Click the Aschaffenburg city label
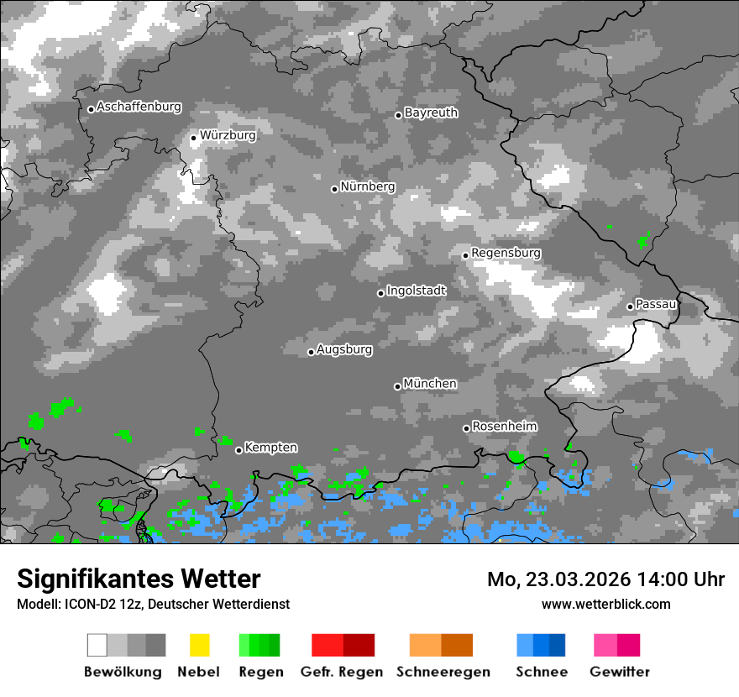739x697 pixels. [x=139, y=107]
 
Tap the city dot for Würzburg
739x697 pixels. [x=193, y=138]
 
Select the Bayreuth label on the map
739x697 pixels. [x=431, y=113]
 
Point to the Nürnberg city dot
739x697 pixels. [x=334, y=189]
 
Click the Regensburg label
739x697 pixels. [x=506, y=253]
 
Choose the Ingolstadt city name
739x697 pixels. [x=417, y=291]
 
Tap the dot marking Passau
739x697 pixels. [x=630, y=307]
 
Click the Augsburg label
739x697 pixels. [x=344, y=349]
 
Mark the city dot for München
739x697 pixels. [x=397, y=386]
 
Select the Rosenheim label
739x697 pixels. [x=504, y=427]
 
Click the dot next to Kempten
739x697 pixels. [x=238, y=450]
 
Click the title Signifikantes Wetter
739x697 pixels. [x=139, y=579]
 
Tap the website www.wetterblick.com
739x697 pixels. [x=605, y=604]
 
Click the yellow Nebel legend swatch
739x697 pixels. [x=199, y=645]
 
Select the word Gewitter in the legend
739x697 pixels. [x=620, y=672]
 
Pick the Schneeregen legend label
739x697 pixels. [x=442, y=672]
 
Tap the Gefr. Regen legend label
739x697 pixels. [x=341, y=672]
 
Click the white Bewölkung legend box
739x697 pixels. [x=97, y=645]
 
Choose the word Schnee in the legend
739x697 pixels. [x=542, y=672]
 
